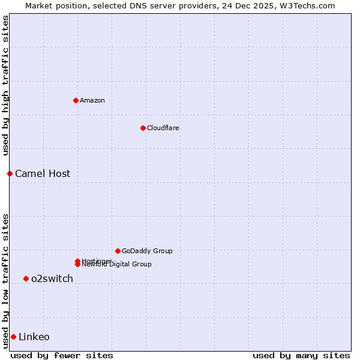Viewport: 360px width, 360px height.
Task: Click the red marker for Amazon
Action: click(x=76, y=100)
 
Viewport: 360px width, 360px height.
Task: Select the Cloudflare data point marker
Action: click(x=143, y=128)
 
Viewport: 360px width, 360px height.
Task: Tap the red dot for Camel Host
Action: click(x=10, y=173)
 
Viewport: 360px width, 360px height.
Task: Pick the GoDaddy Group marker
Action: click(x=118, y=251)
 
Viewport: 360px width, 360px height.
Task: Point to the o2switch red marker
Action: click(x=26, y=278)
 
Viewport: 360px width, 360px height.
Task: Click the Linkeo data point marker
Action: click(x=13, y=337)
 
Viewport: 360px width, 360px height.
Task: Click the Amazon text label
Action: click(x=92, y=100)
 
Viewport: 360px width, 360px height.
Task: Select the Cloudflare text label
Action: click(x=163, y=128)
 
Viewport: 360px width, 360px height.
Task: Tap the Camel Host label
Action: click(x=43, y=174)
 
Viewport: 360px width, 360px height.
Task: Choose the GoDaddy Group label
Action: click(x=147, y=251)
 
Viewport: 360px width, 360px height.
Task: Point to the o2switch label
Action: click(x=52, y=278)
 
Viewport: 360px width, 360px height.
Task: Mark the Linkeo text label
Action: click(x=34, y=337)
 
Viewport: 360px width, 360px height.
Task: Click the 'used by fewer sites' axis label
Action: click(x=62, y=355)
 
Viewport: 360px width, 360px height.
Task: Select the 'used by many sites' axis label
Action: click(x=301, y=355)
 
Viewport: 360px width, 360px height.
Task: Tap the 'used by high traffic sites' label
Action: click(x=5, y=85)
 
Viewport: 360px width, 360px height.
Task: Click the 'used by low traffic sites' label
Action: click(x=5, y=280)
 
